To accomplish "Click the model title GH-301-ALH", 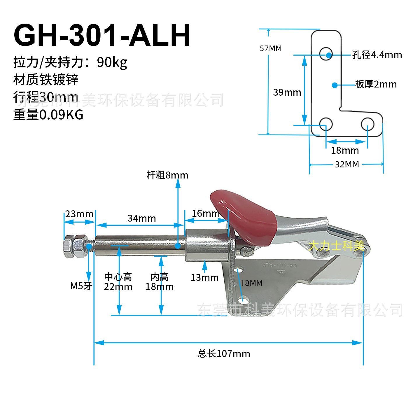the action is pos(102,36).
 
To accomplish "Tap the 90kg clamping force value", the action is pos(112,62).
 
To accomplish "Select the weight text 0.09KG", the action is pos(61,115).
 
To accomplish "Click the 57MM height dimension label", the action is pos(271,48).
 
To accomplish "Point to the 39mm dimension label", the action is pos(287,92).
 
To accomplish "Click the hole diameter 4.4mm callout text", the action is pos(377,55).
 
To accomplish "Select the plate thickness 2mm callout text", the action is pos(376,85).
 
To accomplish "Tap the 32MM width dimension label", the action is pos(347,164).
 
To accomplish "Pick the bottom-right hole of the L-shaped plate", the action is pos(367,124).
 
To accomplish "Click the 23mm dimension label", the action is pos(79,214).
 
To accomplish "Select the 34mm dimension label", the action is pos(142,218).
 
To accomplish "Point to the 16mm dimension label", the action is pos(205,213).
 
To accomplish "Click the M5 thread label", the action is pos(81,286).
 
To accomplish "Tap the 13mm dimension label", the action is pos(204,278).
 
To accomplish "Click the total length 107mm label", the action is pos(224,354).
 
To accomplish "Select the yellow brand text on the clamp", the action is pos(336,246).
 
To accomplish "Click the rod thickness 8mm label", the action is pos(167,175).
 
